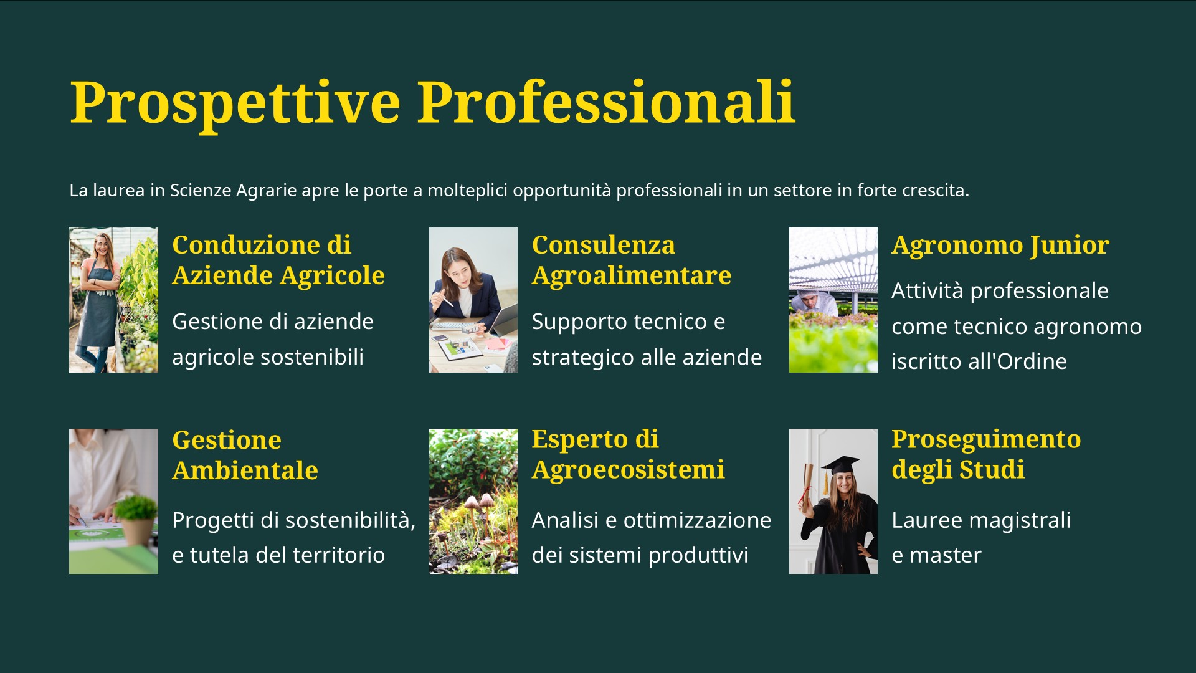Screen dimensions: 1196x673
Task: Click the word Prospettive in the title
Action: coord(235,103)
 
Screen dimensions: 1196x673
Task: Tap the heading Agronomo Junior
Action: coord(1000,246)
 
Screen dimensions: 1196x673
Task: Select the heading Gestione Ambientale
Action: coord(245,455)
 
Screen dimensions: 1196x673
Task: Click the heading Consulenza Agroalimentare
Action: coord(632,260)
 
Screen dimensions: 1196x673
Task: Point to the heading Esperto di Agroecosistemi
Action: coord(628,454)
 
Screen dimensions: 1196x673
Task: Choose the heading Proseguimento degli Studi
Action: coord(986,454)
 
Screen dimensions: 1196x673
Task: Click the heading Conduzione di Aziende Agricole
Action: coord(278,260)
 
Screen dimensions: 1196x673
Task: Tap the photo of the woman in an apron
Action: coord(113,300)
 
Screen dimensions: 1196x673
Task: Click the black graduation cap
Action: coord(841,465)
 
